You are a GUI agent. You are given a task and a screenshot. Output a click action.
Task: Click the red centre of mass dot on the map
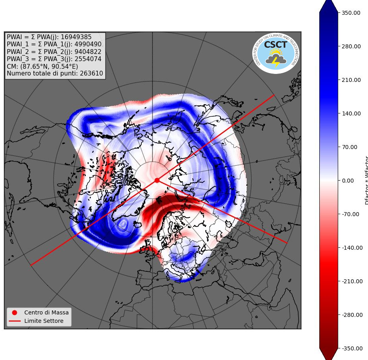click(157, 180)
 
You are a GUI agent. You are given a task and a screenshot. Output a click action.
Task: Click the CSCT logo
click(276, 53)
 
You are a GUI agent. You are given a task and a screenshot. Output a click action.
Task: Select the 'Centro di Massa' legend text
click(46, 312)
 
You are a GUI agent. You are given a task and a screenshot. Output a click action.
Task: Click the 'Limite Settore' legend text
click(44, 321)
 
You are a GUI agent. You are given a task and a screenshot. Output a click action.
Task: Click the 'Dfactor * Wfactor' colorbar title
click(366, 180)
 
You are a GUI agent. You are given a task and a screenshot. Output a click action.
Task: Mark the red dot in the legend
click(15, 312)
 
